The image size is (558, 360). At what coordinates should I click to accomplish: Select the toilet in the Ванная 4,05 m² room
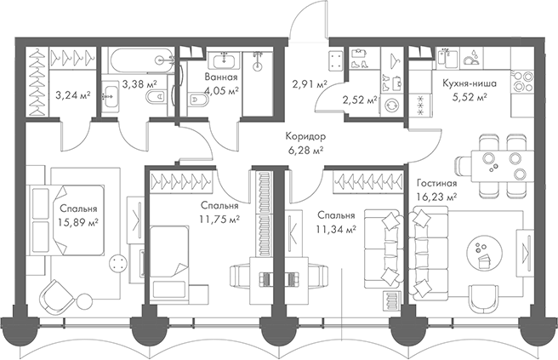196,100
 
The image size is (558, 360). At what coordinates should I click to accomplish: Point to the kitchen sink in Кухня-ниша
470,58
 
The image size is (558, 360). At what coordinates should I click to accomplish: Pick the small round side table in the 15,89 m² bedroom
115,261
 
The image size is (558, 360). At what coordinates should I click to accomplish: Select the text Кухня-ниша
464,83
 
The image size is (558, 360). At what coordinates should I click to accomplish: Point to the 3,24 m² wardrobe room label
71,96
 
